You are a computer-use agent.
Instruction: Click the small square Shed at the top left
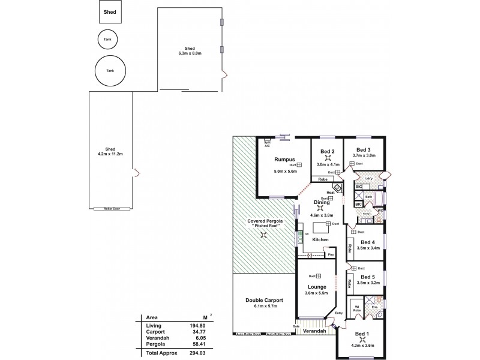pyautogui.click(x=109, y=11)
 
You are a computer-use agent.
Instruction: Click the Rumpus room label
pyautogui.click(x=283, y=159)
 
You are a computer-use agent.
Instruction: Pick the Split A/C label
pyautogui.click(x=267, y=144)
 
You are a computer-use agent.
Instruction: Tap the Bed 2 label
pyautogui.click(x=328, y=151)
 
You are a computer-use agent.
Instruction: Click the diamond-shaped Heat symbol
pyautogui.click(x=338, y=188)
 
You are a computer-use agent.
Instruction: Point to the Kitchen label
pyautogui.click(x=320, y=240)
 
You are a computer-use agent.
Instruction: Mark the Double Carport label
pyautogui.click(x=264, y=300)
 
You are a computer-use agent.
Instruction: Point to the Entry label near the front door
pyautogui.click(x=339, y=313)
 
